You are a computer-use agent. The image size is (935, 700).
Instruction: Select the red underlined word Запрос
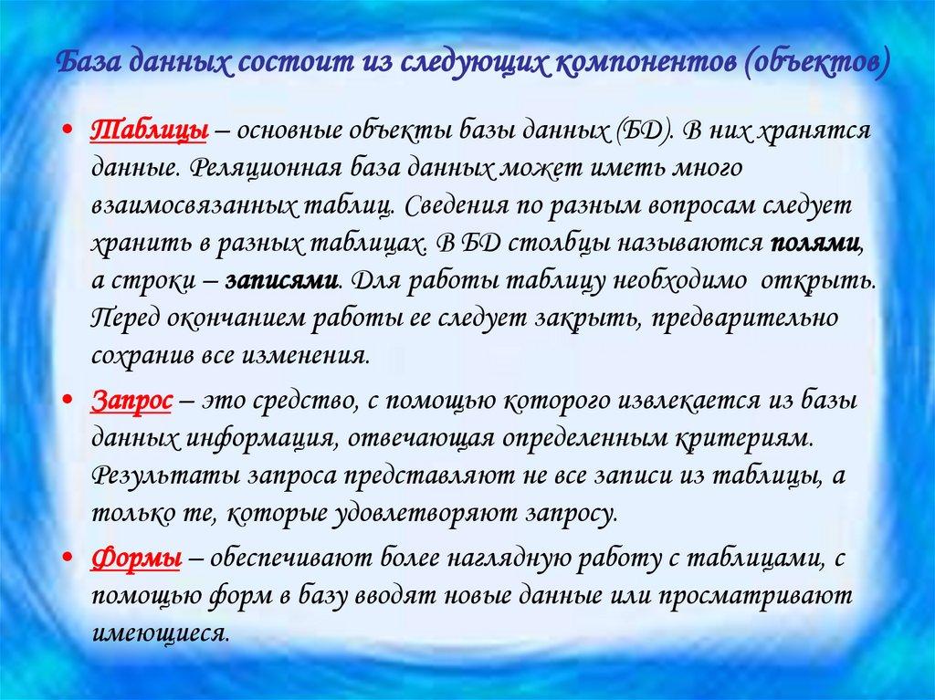tap(134, 399)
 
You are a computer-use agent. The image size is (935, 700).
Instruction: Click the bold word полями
tap(814, 244)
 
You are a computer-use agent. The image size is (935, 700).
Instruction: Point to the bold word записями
tap(283, 281)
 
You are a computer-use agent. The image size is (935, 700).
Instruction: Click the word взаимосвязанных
tap(193, 206)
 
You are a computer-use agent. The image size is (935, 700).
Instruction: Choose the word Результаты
tap(163, 475)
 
